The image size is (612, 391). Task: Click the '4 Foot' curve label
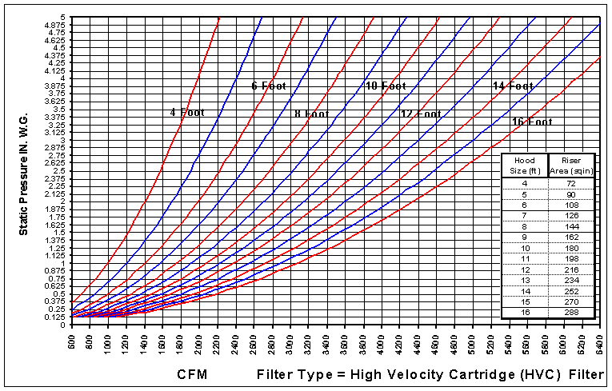point(187,113)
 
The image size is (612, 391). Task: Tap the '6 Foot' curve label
point(269,86)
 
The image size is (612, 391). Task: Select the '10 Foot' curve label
point(386,86)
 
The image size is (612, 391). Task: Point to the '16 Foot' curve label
point(532,122)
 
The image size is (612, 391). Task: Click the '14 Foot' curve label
point(512,86)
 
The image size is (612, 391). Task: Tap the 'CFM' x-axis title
point(195,374)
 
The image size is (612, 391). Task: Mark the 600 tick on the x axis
point(72,339)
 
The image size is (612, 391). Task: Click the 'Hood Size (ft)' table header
point(524,164)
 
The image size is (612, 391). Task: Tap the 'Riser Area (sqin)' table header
point(571,164)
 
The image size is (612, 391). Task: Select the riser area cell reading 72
point(571,184)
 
